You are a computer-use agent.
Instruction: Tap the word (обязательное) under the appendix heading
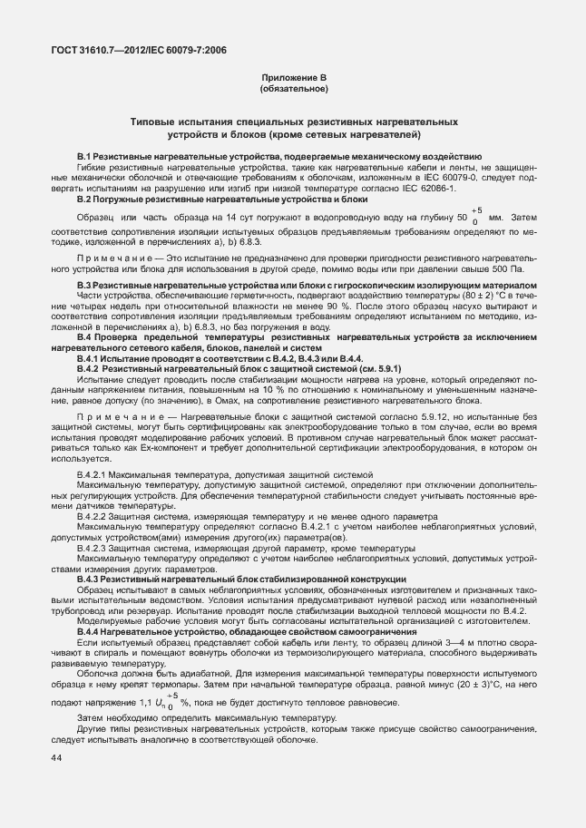pyautogui.click(x=293, y=90)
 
